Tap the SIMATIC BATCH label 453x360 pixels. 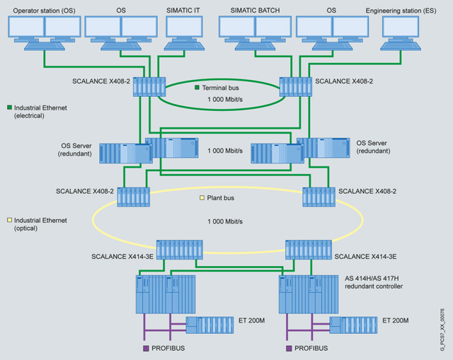pyautogui.click(x=255, y=10)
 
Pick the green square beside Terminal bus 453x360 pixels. pyautogui.click(x=198, y=88)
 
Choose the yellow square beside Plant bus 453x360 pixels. pyautogui.click(x=202, y=198)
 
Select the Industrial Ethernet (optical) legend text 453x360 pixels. pyautogui.click(x=37, y=224)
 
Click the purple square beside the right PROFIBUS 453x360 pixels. pyautogui.click(x=289, y=348)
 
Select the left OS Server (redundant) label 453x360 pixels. pyautogui.click(x=78, y=149)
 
